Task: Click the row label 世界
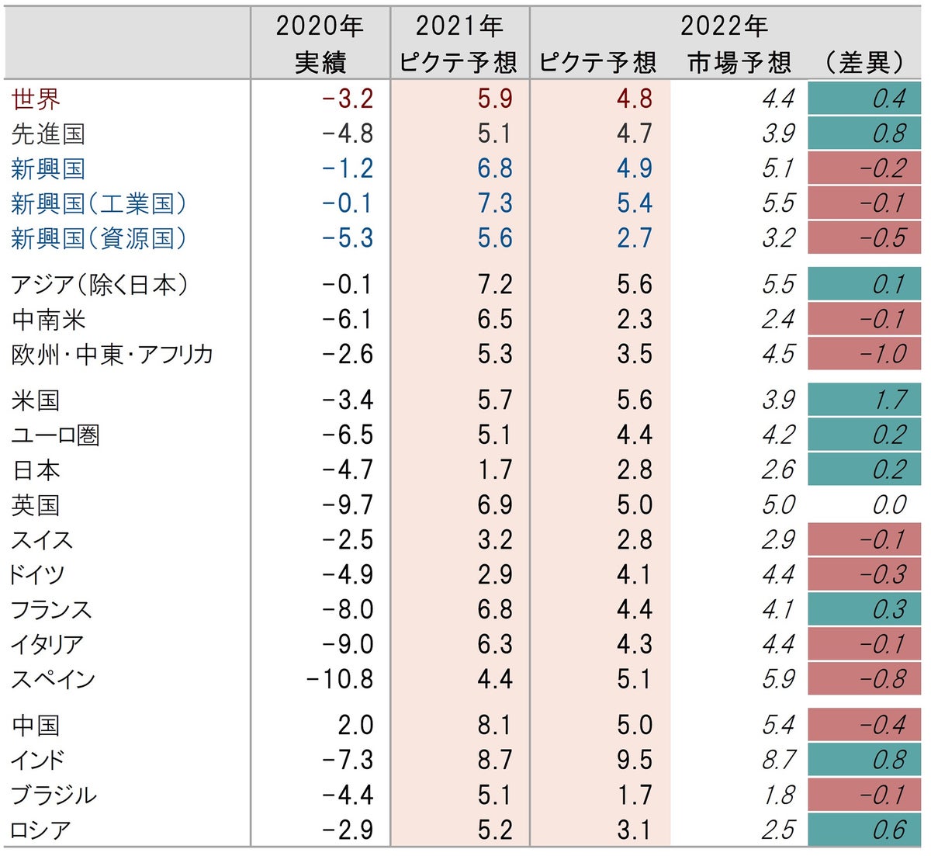coord(36,99)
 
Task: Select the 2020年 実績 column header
coord(320,43)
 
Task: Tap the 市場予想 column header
coord(739,62)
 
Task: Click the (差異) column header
coord(864,62)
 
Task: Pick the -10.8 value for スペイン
coord(340,679)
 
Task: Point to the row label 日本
coord(36,470)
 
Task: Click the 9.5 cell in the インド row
coord(634,760)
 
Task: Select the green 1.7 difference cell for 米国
coord(864,400)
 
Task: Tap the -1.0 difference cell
coord(864,355)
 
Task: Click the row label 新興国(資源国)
coord(99,238)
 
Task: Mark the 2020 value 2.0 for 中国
coord(355,725)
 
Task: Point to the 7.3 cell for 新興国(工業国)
coord(494,203)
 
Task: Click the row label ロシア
coord(40,830)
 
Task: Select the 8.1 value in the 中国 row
coord(494,725)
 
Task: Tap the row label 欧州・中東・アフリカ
coord(112,355)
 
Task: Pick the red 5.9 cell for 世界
coord(494,99)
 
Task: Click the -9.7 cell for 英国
coord(347,505)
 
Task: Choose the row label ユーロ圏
coord(56,435)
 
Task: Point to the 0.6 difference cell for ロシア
coord(864,830)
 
